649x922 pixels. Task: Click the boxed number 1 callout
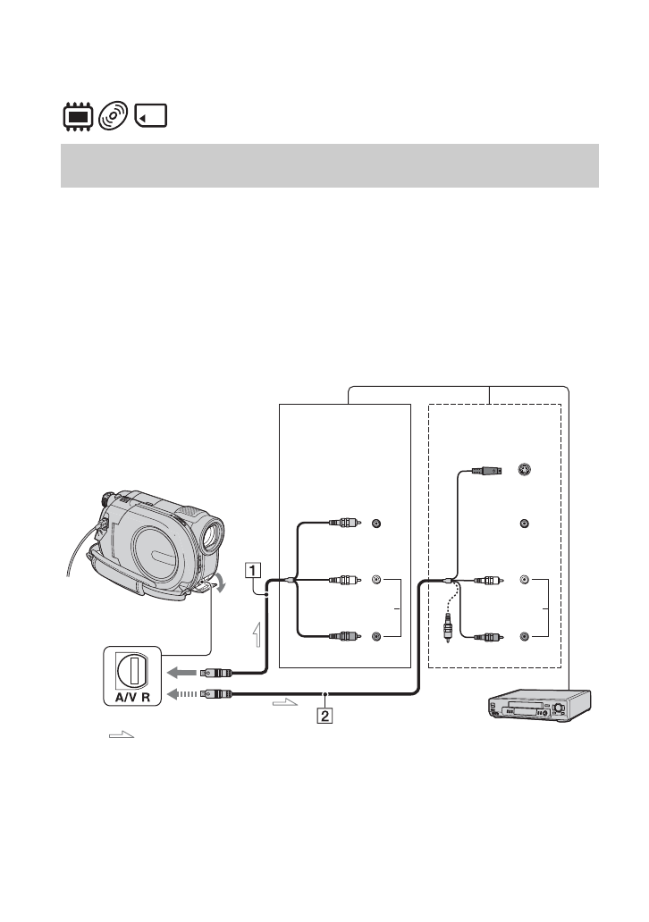pyautogui.click(x=254, y=568)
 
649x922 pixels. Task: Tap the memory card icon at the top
pyautogui.click(x=152, y=117)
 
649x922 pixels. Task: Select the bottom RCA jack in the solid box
pyautogui.click(x=376, y=636)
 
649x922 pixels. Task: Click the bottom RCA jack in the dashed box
pyautogui.click(x=524, y=636)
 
